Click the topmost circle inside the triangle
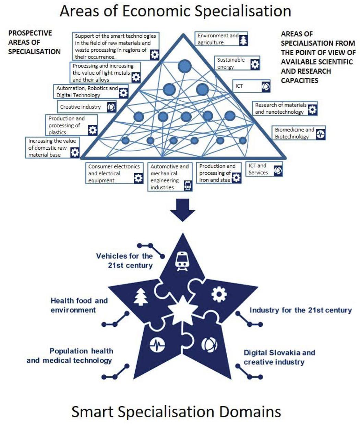click(x=184, y=66)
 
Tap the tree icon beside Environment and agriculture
click(x=243, y=40)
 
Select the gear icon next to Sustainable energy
click(x=255, y=64)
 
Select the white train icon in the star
click(x=182, y=261)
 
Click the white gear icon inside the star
click(x=219, y=294)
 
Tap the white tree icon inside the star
click(x=141, y=297)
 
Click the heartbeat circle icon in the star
click(x=157, y=344)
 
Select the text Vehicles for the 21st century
click(x=124, y=261)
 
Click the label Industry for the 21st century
click(x=300, y=310)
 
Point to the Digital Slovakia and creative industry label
click(x=279, y=357)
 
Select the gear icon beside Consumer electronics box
click(x=138, y=178)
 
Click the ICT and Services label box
click(x=264, y=169)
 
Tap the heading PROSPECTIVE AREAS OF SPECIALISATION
click(x=34, y=42)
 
